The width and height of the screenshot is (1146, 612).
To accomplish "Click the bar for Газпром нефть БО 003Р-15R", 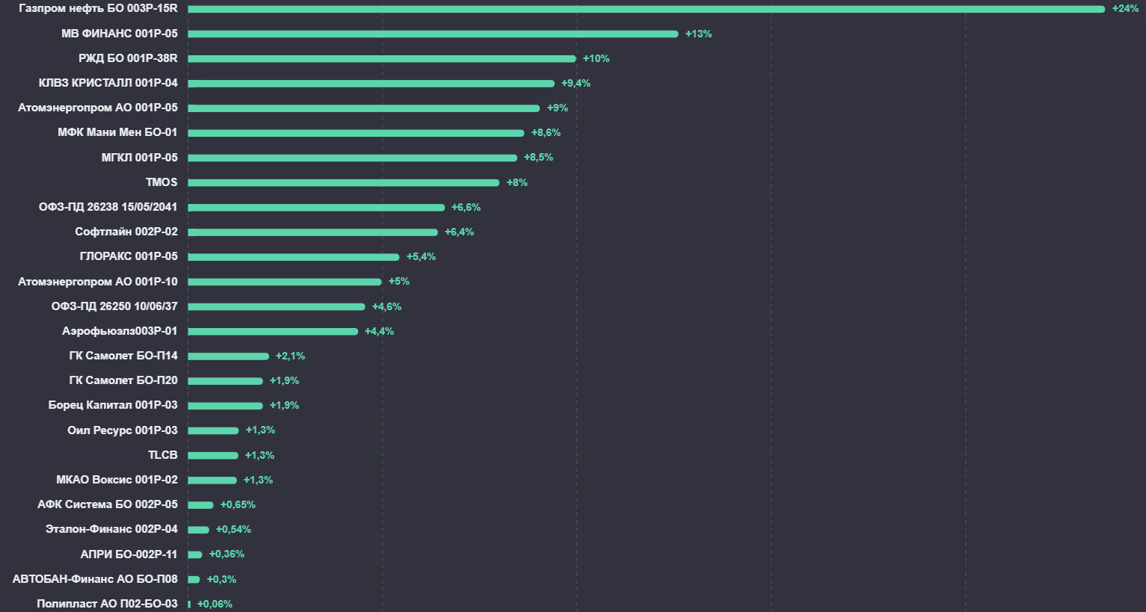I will click(646, 9).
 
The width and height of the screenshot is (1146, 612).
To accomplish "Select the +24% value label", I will click(1125, 9).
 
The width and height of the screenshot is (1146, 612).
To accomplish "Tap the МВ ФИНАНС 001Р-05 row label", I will click(120, 34).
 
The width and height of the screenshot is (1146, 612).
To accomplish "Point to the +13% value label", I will click(698, 34).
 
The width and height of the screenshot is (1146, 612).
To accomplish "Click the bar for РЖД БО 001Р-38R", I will click(382, 58).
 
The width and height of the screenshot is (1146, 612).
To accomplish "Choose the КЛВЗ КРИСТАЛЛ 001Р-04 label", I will click(108, 83).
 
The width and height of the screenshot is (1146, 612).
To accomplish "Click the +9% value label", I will click(557, 108).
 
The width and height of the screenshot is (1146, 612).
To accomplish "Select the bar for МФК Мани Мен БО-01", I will click(356, 133).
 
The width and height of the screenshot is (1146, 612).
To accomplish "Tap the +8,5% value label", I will click(538, 158).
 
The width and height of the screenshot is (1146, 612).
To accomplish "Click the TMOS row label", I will click(161, 182).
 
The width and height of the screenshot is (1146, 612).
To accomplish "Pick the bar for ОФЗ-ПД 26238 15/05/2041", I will click(316, 207).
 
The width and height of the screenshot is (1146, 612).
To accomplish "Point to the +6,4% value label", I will click(459, 232).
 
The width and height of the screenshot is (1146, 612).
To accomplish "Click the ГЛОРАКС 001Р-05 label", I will click(129, 256).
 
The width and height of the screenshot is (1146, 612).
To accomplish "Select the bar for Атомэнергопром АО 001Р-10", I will click(285, 282).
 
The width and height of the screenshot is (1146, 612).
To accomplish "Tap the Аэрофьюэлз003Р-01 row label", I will click(120, 331).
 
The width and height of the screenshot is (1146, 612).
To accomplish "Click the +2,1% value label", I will click(290, 356).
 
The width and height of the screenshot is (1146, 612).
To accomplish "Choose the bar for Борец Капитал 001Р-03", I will click(225, 406).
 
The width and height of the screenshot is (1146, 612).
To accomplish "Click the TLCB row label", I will click(163, 455).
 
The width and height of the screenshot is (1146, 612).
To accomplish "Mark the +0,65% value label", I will click(238, 504).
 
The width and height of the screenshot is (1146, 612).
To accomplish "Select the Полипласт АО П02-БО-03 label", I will click(107, 604).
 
